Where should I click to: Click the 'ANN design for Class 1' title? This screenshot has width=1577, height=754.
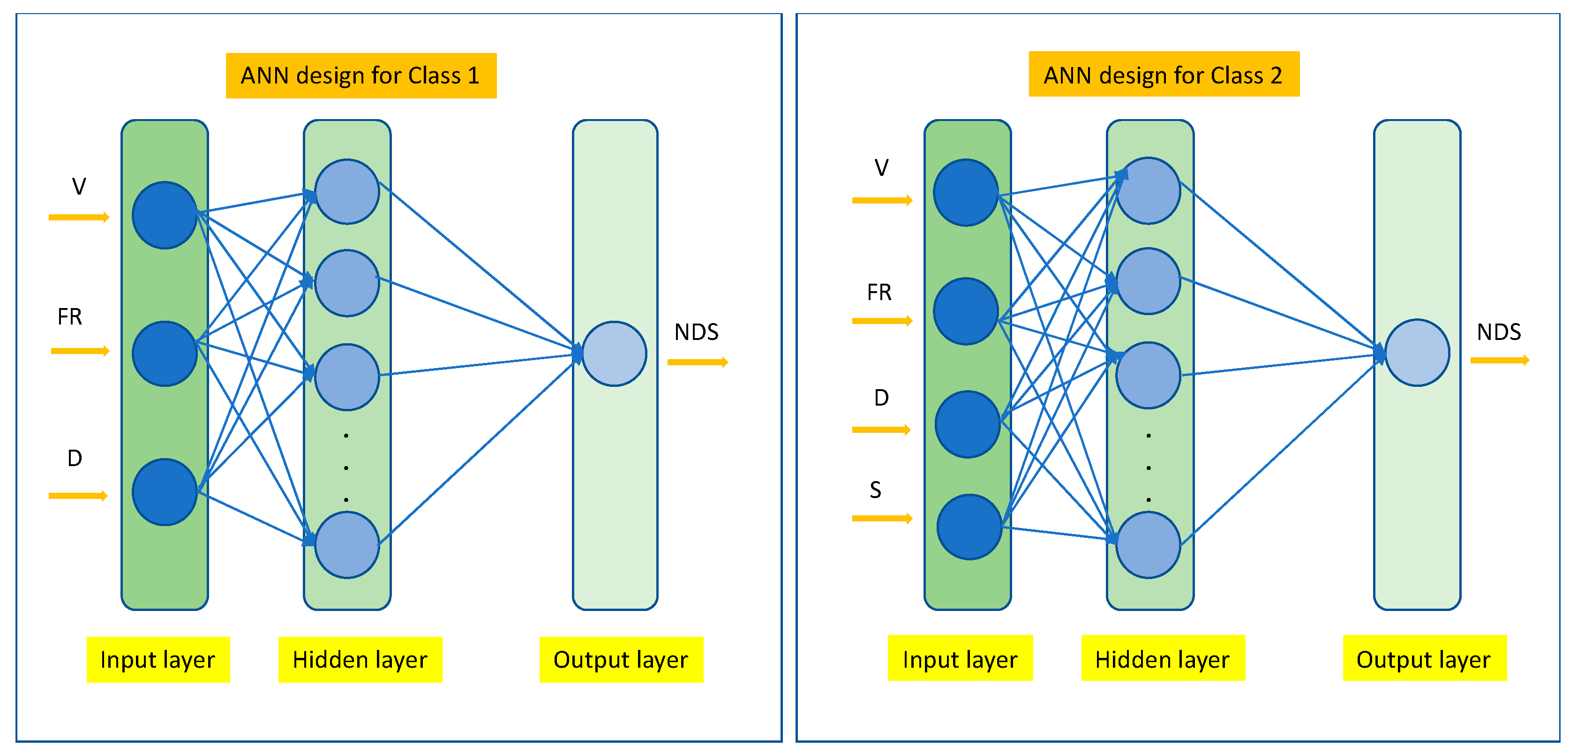360,75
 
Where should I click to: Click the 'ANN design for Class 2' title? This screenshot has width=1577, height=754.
1163,74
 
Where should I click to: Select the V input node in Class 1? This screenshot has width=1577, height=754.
164,215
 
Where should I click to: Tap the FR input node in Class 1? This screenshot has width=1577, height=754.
164,354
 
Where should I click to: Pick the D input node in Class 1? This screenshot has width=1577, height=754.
164,492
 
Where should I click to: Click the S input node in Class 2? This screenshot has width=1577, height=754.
969,527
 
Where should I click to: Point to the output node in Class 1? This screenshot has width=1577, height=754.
614,354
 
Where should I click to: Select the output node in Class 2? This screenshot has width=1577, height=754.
1417,352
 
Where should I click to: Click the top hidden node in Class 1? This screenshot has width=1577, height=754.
347,192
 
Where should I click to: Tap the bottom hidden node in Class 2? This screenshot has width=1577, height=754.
1148,545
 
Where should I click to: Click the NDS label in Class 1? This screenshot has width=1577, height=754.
696,332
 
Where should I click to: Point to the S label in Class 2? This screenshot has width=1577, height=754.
875,490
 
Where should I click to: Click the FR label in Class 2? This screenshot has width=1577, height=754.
879,292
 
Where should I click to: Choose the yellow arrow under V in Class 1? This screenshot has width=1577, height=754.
79,218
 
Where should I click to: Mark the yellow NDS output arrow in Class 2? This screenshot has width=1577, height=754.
1499,360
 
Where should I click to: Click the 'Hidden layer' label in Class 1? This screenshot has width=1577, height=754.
360,660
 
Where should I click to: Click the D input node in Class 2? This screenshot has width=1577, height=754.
967,424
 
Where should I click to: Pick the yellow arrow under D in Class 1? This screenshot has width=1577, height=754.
78,496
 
